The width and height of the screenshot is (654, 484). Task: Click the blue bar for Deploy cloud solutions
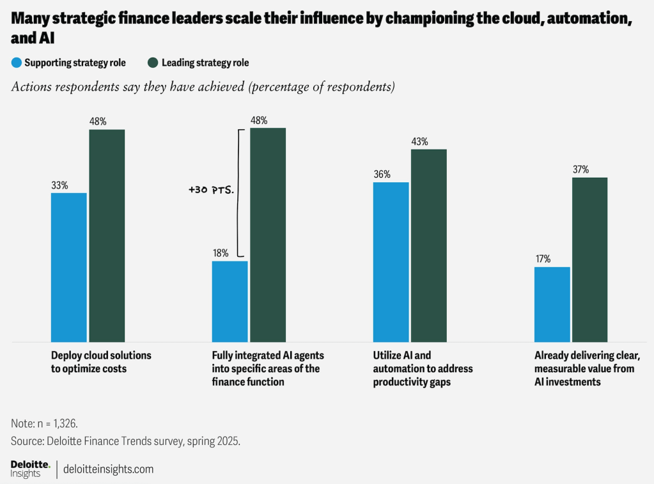click(x=68, y=267)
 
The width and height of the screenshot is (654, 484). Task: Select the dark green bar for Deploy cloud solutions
click(x=107, y=235)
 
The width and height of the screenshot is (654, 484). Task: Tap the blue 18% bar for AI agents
click(x=230, y=301)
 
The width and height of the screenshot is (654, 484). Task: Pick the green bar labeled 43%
click(x=428, y=246)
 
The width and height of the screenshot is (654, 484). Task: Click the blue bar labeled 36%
click(x=391, y=262)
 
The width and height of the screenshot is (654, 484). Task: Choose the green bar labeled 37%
click(x=589, y=260)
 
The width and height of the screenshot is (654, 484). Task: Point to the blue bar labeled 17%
click(x=552, y=304)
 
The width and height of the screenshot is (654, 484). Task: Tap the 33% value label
click(x=59, y=185)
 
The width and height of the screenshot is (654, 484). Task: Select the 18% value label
click(x=221, y=253)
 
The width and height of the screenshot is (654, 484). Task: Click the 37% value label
click(x=580, y=169)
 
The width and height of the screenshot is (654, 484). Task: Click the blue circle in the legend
click(x=17, y=63)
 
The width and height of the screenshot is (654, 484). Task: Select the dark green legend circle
click(x=153, y=63)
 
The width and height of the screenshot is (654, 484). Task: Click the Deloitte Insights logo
click(x=29, y=468)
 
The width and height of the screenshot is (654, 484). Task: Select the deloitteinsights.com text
click(x=109, y=469)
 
